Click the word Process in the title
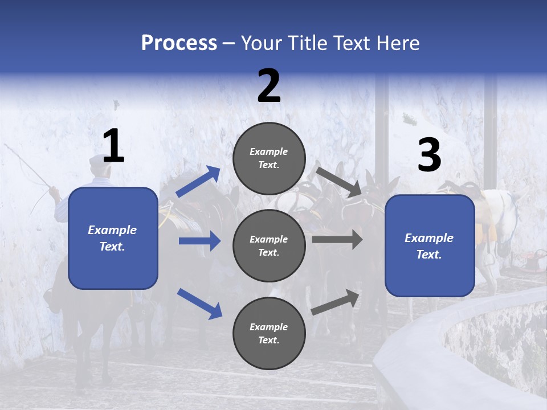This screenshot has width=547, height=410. coord(179,43)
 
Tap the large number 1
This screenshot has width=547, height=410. coord(113,146)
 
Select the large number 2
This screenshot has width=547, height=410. coord(269,86)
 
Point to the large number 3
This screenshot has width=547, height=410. coord(429,155)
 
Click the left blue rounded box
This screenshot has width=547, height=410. coord(113,238)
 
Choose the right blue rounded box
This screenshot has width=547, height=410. coord(430,246)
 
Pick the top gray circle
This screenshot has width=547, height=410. coord(269,158)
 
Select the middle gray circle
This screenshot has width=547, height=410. coord(269,246)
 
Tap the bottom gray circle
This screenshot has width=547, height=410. coord(269,334)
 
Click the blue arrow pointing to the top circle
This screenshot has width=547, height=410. coord(198,182)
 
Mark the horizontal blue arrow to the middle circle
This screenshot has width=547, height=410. coord(199,241)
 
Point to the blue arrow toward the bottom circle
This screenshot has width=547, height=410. coord(199,303)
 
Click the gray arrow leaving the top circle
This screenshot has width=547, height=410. coord(339,182)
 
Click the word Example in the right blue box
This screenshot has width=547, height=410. coord(429,238)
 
